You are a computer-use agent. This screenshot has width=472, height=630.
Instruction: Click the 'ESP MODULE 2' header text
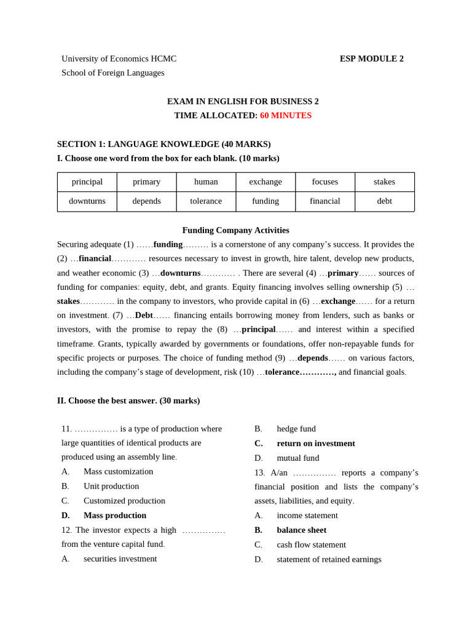click(x=371, y=59)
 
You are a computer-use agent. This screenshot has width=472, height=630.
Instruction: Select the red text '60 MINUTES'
click(x=285, y=116)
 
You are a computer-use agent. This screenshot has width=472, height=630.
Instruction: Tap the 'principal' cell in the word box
click(x=87, y=182)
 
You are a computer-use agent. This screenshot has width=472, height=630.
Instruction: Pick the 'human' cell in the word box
click(x=206, y=182)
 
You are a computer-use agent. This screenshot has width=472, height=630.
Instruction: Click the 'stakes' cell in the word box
click(x=384, y=182)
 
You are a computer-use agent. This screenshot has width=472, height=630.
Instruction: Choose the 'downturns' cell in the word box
click(x=87, y=201)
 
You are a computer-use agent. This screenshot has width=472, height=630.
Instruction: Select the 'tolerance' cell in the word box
click(x=206, y=201)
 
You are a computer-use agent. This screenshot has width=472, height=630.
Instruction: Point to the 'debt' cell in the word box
click(x=384, y=201)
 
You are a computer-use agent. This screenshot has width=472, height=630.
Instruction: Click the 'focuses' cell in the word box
click(x=324, y=182)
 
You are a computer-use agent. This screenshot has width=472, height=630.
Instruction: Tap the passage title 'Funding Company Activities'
click(x=235, y=230)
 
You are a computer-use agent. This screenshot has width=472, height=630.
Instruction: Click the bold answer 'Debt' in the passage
click(x=144, y=315)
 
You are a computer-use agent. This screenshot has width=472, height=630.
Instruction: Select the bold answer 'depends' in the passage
click(x=313, y=358)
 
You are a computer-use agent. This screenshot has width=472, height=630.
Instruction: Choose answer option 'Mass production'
click(x=115, y=516)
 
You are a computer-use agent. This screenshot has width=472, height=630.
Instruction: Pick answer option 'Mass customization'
click(x=118, y=472)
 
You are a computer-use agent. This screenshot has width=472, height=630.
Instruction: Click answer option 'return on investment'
click(x=315, y=444)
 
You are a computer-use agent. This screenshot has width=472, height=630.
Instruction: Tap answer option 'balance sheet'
click(x=301, y=530)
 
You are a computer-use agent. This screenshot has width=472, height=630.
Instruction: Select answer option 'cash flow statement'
click(x=311, y=544)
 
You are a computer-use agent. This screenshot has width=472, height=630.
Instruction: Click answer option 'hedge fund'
click(x=296, y=429)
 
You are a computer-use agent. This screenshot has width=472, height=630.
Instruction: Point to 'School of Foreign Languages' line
click(x=113, y=73)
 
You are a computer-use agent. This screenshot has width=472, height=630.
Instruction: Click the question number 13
click(x=259, y=472)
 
